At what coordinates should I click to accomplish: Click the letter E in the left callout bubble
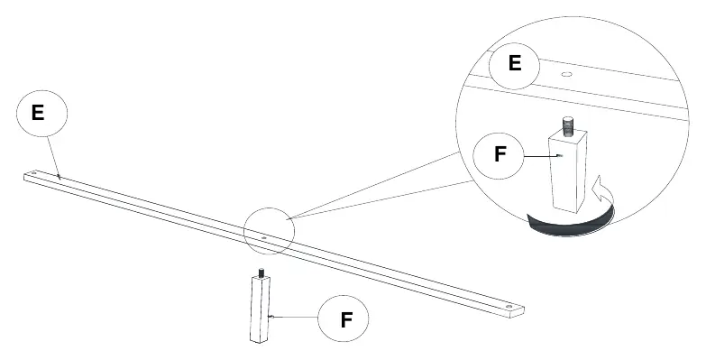pos(38,112)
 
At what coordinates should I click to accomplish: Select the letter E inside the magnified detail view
pos(515,62)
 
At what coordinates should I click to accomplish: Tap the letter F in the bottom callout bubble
pos(346,319)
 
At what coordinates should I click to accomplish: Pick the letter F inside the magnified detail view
pos(500,154)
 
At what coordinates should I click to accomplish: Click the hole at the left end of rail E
pos(34,173)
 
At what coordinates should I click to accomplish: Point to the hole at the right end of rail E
pos(509,307)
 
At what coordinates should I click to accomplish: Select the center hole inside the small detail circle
pos(264,237)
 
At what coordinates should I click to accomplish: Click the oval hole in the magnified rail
pos(566,74)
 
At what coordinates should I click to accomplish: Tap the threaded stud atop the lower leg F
pos(261,272)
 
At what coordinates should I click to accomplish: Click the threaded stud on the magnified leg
pos(569,125)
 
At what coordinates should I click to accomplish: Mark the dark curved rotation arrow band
pos(570,222)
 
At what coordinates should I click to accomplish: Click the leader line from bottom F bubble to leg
pos(295,318)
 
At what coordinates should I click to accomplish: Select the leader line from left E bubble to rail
pos(54,158)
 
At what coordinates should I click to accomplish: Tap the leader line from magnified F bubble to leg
pos(541,156)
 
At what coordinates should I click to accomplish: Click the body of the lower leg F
pos(261,309)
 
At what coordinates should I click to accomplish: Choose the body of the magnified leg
pos(567,171)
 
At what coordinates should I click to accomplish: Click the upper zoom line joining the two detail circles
pos(373,186)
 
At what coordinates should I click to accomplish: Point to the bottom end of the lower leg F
pos(260,341)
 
